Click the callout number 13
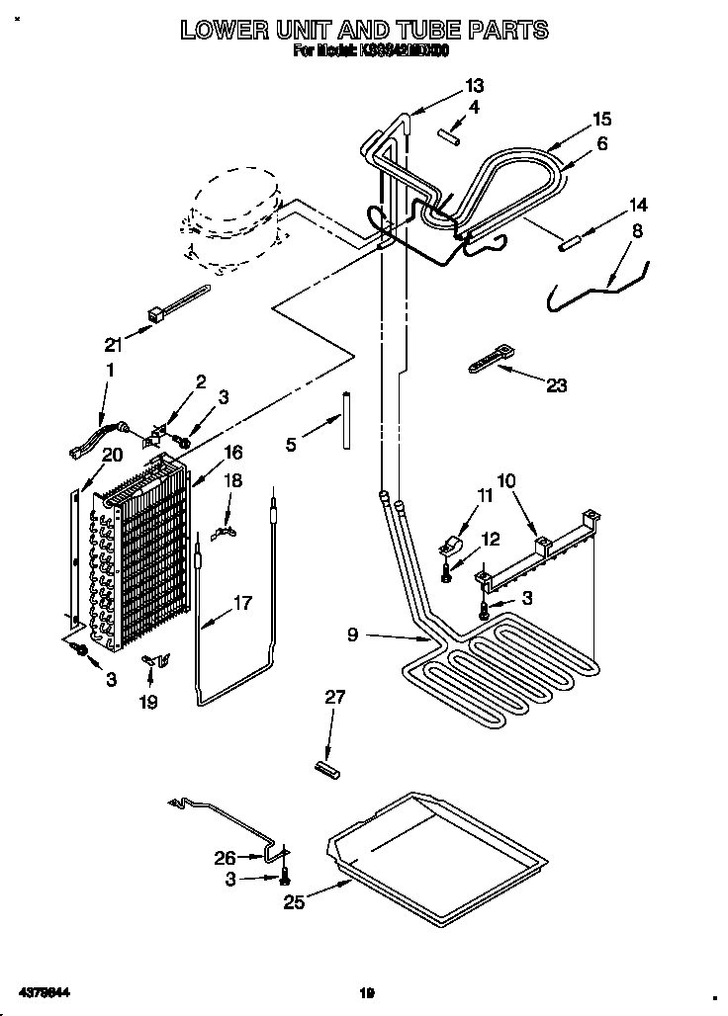click(476, 85)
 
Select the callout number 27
click(335, 698)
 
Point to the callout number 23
click(557, 385)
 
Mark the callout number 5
click(291, 445)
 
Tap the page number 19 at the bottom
click(366, 992)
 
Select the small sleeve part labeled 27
click(326, 767)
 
